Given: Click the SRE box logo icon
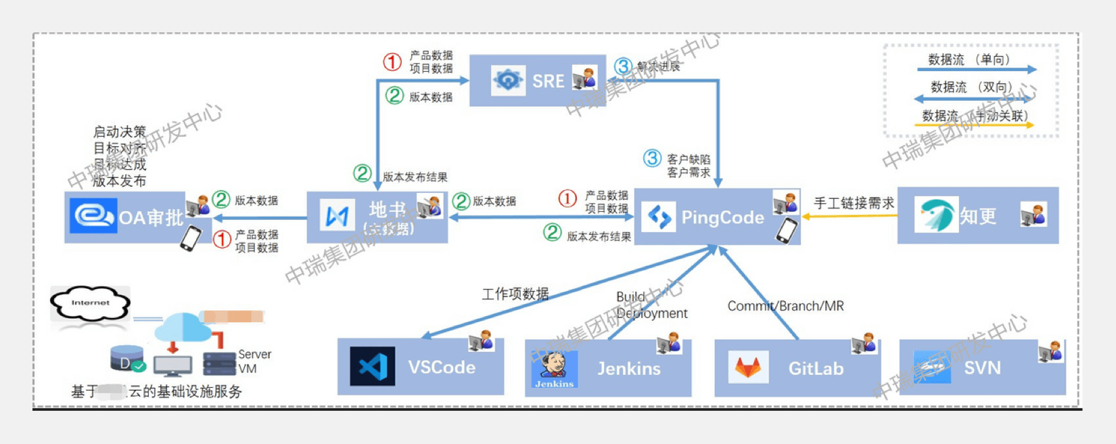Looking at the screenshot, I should [508, 81].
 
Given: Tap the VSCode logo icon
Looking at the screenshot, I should [373, 367].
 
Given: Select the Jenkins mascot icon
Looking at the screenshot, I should [554, 370].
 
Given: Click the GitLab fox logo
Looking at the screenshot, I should [747, 368].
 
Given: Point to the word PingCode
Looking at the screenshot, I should [722, 217].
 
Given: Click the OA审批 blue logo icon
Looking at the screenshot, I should [93, 217].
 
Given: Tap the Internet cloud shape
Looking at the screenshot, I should [90, 303].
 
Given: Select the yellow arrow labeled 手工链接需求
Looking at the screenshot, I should [850, 216].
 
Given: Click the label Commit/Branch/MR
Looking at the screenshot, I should [785, 306].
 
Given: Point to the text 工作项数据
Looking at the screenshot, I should [515, 294].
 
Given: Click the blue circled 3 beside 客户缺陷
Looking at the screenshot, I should [652, 158].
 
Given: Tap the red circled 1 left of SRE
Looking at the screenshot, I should [392, 62].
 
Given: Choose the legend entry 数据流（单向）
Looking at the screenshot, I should [969, 60].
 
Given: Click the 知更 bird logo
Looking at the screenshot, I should [936, 215].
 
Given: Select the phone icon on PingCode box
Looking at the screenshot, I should [787, 230].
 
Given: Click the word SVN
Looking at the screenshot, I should [982, 368].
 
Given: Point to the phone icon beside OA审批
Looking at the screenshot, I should [191, 238].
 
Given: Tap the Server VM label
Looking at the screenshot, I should [254, 361].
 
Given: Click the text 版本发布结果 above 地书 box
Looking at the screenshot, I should [415, 177].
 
